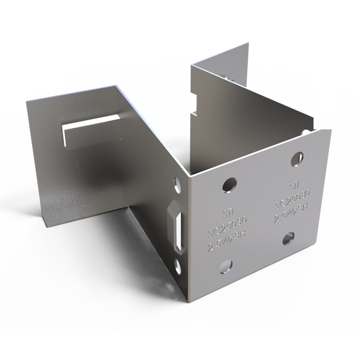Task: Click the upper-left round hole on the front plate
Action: coord(228,184)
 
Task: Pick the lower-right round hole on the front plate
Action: coord(289,239)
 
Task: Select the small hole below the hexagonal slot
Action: coord(179,267)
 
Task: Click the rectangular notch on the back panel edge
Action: coord(195,106)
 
